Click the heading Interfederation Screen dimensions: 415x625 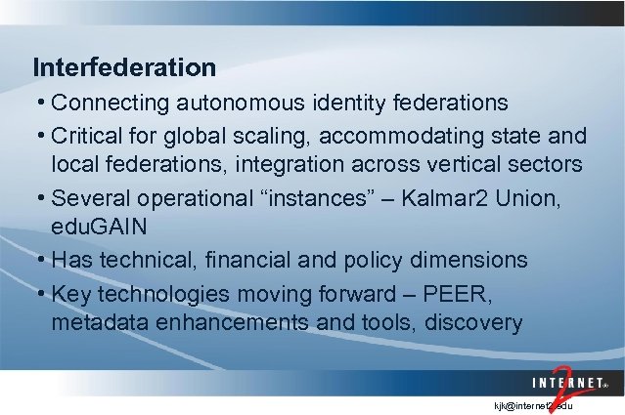(x=124, y=67)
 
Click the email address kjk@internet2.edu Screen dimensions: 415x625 (x=538, y=403)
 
